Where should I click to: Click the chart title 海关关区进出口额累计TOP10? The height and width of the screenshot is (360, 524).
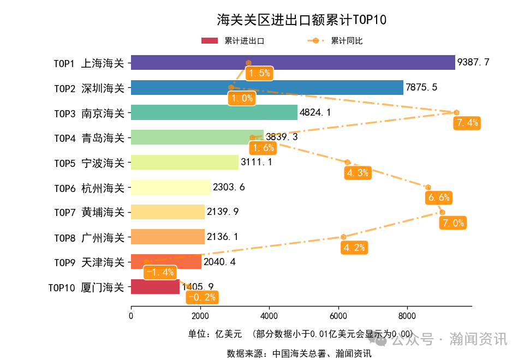[301, 20]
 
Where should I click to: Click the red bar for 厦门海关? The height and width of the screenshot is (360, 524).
[155, 286]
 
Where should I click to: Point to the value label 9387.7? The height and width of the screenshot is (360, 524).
[473, 63]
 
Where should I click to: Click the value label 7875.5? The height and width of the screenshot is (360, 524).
[421, 88]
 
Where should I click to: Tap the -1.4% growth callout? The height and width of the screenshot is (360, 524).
[160, 272]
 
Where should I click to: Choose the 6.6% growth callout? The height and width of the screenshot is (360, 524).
[439, 197]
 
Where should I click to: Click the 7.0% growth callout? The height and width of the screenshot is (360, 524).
[453, 223]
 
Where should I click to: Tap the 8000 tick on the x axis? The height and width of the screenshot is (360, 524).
[406, 315]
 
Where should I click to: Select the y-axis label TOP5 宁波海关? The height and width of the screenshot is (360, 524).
[89, 163]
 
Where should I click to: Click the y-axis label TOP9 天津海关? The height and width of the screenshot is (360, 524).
[89, 262]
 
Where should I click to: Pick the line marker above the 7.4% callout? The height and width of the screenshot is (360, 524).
[456, 112]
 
